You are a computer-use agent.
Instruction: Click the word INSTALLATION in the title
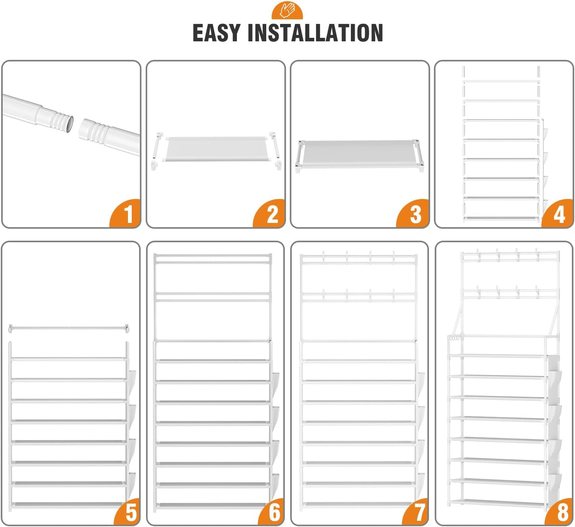click(315, 33)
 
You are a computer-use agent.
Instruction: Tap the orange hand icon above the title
click(287, 10)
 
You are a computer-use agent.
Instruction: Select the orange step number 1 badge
click(126, 214)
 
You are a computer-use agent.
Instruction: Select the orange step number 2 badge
click(269, 214)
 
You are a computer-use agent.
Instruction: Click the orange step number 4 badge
click(558, 214)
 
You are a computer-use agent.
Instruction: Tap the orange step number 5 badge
click(128, 512)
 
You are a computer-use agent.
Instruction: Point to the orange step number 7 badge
click(415, 512)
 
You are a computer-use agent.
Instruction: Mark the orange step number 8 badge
click(559, 512)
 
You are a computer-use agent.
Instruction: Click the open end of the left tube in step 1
click(69, 124)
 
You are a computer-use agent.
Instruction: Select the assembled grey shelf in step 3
click(359, 154)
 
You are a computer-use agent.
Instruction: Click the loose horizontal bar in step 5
click(69, 329)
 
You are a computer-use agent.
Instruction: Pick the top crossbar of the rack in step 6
click(212, 256)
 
